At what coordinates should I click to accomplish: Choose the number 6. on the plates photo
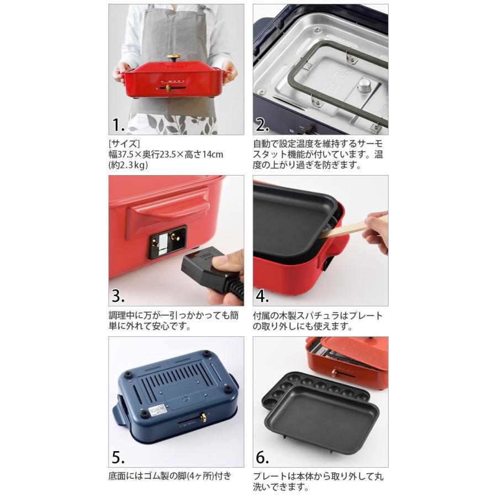click(x=262, y=457)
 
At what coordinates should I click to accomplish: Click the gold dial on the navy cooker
click(x=203, y=417)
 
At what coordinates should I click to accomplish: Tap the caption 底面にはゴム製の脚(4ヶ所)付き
click(x=170, y=475)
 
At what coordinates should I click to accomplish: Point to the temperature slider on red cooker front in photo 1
click(x=167, y=88)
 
